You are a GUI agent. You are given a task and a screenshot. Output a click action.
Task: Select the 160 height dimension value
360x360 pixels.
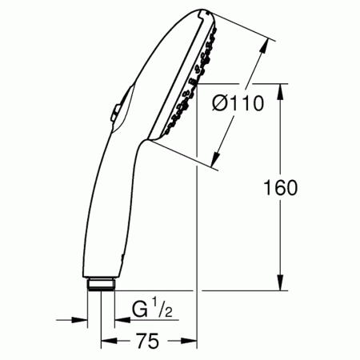pyautogui.click(x=281, y=187)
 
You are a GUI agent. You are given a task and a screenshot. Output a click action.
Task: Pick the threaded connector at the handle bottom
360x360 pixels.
pyautogui.click(x=101, y=283)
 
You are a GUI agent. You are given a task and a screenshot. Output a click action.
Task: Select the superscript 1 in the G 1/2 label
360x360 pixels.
pyautogui.click(x=153, y=302)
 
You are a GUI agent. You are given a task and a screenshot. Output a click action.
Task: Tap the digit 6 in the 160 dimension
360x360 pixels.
pyautogui.click(x=281, y=187)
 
